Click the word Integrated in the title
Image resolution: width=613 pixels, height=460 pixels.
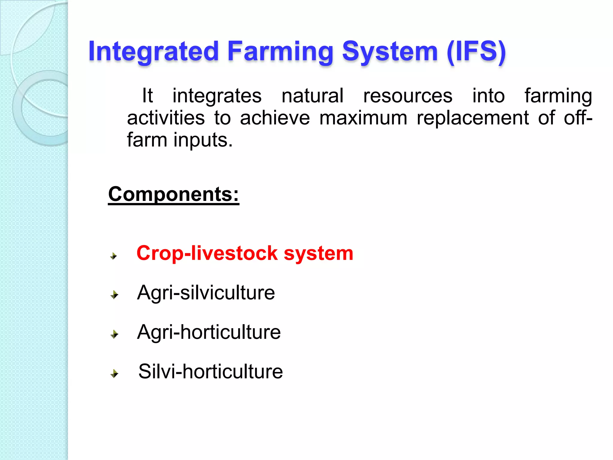point(153,52)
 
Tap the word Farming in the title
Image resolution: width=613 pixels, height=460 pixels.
point(280,52)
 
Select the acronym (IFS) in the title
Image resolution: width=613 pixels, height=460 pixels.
point(476,52)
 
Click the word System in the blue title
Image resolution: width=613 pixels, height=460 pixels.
point(390,52)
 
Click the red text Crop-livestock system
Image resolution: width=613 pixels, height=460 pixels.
point(245,253)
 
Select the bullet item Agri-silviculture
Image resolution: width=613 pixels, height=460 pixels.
point(206,293)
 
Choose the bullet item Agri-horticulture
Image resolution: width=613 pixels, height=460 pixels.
point(209,332)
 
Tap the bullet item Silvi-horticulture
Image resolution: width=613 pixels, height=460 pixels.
point(210,372)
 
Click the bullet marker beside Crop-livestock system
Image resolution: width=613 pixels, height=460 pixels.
point(114,256)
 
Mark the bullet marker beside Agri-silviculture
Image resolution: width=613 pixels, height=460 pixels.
point(114,295)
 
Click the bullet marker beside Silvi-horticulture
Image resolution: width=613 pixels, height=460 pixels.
point(114,373)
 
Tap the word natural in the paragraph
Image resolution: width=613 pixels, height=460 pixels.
point(312,96)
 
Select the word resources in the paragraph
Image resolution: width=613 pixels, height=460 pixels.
point(407,96)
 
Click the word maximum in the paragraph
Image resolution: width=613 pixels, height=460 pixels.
point(363,118)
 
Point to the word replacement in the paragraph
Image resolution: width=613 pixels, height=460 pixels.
point(473,118)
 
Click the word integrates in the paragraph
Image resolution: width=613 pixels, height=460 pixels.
point(217,96)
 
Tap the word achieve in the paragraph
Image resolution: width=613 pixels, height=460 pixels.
point(275,118)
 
